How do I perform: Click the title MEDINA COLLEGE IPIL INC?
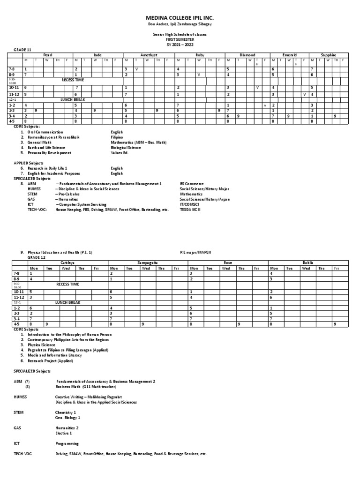tap(180, 17)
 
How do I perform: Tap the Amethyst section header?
tap(148, 55)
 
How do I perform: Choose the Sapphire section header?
tap(328, 55)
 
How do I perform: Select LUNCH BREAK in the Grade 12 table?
tap(67, 303)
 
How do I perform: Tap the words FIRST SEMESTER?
tap(180, 40)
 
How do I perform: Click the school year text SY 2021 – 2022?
tap(180, 44)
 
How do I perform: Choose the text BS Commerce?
tap(191, 184)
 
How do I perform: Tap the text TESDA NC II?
tap(191, 210)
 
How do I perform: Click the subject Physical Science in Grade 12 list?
tap(41, 345)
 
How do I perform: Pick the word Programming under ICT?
tap(67, 443)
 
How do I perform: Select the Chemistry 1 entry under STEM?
tap(65, 412)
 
